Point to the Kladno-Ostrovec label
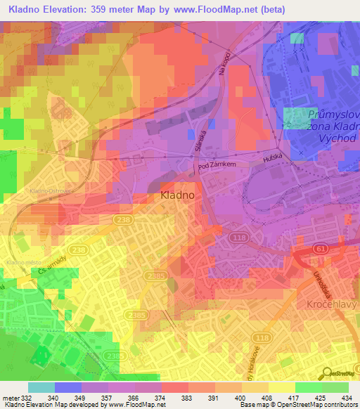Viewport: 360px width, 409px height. tap(46, 190)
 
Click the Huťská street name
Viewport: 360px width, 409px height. tap(271, 160)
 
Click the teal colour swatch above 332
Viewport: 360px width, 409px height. tap(41, 387)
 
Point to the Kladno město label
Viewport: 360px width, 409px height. tap(20, 262)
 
